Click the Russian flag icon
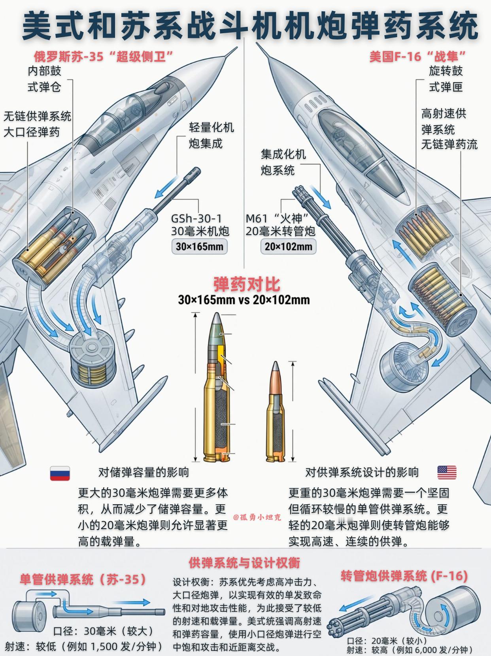[60, 473]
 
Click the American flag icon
[447, 472]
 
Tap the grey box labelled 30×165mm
[199, 247]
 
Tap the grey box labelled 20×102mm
[288, 247]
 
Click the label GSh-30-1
[196, 219]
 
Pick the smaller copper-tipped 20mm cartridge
[275, 415]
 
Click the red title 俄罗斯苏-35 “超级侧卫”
[104, 57]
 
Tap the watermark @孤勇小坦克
[257, 517]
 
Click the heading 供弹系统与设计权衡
[244, 562]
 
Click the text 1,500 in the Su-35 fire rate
[104, 647]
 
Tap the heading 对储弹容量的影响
[144, 472]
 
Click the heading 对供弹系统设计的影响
[362, 472]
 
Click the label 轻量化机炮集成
[211, 135]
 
